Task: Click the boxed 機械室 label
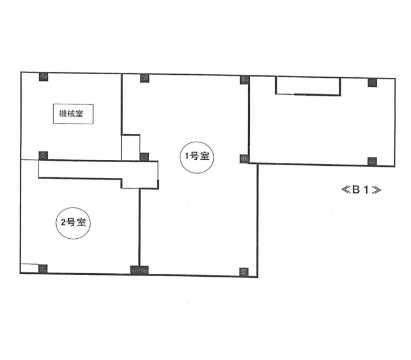(73, 114)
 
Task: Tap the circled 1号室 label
(197, 157)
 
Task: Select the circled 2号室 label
(74, 223)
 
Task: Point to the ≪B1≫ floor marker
(361, 189)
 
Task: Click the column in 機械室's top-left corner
(43, 77)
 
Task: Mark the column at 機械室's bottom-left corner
(43, 156)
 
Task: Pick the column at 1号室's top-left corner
(144, 78)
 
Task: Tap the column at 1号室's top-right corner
(244, 80)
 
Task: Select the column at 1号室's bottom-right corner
(244, 272)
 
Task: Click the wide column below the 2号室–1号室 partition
(139, 270)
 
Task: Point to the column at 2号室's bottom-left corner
(43, 269)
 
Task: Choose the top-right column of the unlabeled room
(372, 82)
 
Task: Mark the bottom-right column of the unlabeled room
(372, 162)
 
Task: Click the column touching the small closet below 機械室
(144, 157)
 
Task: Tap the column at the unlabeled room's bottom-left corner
(244, 159)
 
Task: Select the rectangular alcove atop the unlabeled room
(308, 86)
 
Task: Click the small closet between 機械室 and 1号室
(130, 148)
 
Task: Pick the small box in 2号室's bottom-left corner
(30, 268)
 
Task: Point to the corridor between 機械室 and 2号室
(98, 174)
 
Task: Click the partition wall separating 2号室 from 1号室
(139, 227)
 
